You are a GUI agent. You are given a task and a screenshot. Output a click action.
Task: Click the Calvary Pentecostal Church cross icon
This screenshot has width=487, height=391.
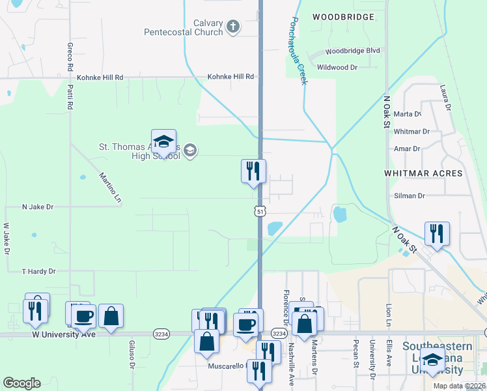coord(233,27)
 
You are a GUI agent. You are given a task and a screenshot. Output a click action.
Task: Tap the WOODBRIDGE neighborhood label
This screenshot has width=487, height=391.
coord(343,16)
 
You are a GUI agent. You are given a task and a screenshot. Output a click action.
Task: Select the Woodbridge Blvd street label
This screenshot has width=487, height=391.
coord(352,51)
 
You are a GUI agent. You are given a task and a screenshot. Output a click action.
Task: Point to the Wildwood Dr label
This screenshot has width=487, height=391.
coord(337,67)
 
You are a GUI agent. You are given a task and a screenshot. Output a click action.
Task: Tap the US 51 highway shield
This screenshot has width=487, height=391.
coord(260,212)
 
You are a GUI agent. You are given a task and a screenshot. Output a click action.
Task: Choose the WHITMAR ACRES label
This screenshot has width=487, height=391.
coord(423,173)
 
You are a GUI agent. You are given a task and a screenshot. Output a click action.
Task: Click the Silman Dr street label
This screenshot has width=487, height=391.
coord(409,195)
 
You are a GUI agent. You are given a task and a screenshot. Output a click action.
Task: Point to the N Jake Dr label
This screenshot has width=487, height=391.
coord(37,207)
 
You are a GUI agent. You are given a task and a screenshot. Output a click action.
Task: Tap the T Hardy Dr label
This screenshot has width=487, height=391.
coord(38,271)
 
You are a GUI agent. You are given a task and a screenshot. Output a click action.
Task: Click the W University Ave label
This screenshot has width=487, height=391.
coord(64,334)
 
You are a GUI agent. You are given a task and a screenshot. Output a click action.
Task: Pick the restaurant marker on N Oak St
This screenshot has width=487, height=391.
coord(437,234)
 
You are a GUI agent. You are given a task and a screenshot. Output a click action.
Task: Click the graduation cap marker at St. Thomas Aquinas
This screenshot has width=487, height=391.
coord(164,141)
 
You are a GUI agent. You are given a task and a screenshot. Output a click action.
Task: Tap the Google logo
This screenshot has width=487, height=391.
coord(21,383)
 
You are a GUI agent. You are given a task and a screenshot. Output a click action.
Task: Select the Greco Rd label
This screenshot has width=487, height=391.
coord(69,57)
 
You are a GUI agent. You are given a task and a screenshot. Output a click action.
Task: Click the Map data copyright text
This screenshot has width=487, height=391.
coord(458,386)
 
